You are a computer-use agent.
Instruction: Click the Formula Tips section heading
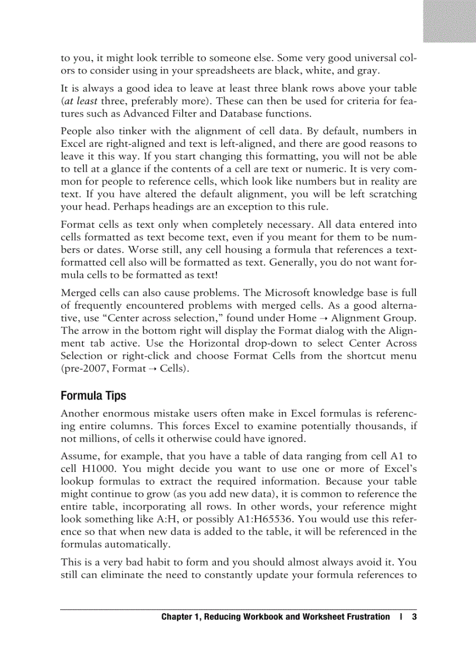point(93,395)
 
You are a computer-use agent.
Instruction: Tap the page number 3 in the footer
point(414,617)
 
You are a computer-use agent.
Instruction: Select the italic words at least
point(82,101)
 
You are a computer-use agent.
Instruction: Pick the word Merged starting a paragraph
point(78,292)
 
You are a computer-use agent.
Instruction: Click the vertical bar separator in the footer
point(401,617)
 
